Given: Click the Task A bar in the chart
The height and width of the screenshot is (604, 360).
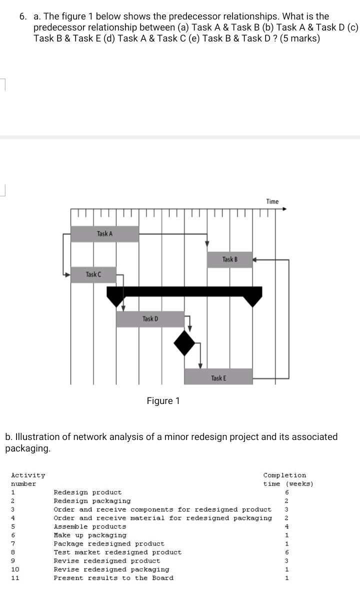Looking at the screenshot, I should coord(104,234).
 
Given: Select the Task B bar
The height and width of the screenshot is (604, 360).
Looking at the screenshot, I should coord(229,259).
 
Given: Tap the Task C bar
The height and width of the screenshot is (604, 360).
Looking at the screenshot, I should coord(93,274).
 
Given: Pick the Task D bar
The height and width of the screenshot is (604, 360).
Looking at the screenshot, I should coord(150,319).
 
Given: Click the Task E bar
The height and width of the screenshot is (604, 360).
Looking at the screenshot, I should coord(218,376).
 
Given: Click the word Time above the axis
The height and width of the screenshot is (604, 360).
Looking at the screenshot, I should coord(272,201).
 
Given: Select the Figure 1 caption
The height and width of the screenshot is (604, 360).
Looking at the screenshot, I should coord(163,401).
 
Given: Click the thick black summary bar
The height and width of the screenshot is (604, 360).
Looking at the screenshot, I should coord(184,291).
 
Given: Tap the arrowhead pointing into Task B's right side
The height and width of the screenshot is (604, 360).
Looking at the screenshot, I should coord(254,260).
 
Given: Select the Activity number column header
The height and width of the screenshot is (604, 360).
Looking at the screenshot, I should coord(28,479).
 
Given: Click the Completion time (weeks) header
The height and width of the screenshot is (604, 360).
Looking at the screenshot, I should coord(287,479).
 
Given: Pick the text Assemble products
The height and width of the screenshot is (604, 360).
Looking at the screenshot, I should coord(90,526).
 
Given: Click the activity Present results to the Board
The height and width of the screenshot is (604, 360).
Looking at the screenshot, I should coord(113,578).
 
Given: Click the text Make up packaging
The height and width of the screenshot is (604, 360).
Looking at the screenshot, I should coord(90,535).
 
